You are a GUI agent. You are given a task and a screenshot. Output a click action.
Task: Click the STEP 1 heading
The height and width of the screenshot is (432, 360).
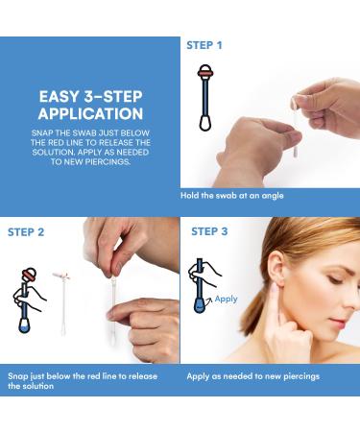[204, 45]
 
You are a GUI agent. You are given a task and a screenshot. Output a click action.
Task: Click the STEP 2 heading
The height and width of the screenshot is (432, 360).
[27, 231]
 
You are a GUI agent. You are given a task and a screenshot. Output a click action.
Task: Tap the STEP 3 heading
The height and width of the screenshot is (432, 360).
[209, 231]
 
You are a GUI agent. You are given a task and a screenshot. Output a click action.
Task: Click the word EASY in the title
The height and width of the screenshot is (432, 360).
[59, 96]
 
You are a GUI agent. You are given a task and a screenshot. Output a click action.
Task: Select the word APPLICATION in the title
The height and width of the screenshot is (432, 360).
[90, 113]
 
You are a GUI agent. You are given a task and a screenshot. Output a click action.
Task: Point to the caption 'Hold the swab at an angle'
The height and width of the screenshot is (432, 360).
[231, 196]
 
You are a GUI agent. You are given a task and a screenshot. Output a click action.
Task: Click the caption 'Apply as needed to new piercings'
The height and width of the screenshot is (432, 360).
[252, 376]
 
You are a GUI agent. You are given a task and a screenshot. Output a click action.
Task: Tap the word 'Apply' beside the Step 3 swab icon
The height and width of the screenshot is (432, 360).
[226, 299]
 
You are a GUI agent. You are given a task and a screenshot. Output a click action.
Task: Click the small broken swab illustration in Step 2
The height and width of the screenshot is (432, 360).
[62, 298]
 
